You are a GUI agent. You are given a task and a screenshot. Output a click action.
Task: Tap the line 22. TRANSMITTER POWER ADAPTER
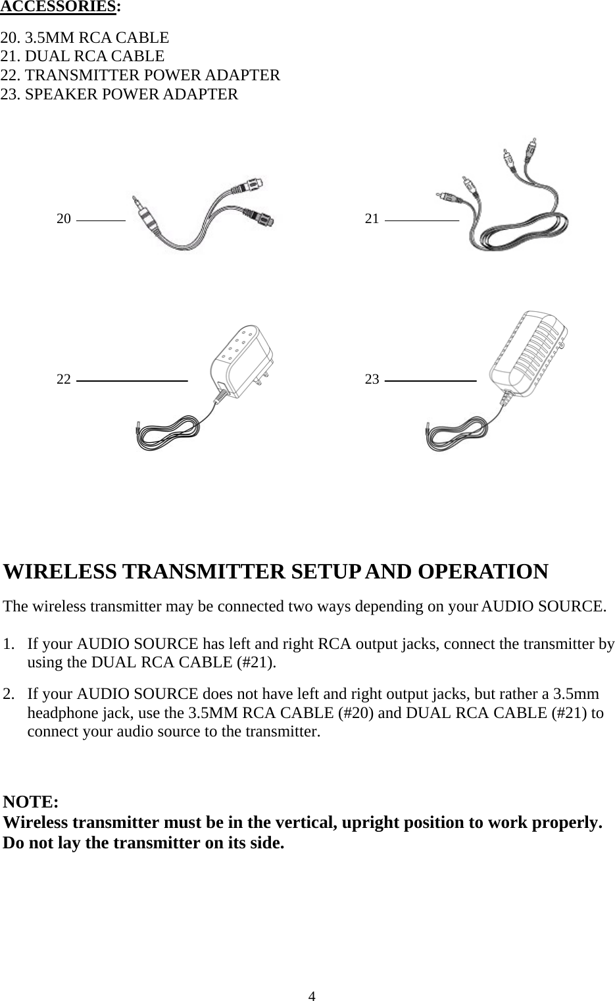point(140,75)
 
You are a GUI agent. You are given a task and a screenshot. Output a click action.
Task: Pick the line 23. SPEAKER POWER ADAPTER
point(119,94)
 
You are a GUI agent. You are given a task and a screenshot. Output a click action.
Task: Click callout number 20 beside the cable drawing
point(64,219)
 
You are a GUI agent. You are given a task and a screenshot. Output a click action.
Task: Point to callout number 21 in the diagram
point(372,219)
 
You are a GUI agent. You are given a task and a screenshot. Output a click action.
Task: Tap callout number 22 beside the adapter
point(64,379)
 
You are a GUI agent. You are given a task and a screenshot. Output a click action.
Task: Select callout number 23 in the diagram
point(372,379)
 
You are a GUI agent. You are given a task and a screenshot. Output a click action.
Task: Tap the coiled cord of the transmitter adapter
point(167,434)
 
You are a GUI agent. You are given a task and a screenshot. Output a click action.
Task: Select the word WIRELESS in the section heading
point(61,571)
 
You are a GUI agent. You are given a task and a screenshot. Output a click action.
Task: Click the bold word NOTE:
point(31,802)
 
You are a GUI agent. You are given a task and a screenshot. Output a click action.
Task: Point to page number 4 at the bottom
point(312,995)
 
